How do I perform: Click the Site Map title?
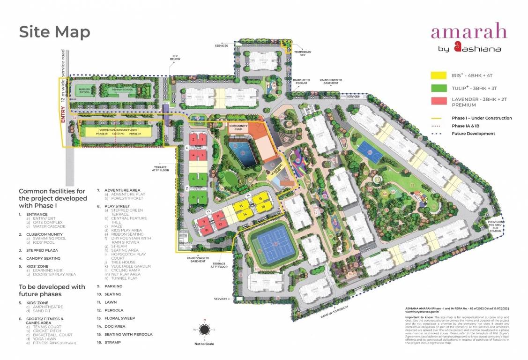54,32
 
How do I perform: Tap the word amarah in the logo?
469,32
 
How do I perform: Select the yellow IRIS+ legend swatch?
438,75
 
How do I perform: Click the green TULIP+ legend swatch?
438,88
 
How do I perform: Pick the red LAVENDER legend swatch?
438,102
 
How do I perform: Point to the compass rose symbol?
204,330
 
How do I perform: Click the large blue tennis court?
273,245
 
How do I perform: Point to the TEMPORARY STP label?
303,53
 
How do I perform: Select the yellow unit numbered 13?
241,206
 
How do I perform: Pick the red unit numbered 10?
207,230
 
